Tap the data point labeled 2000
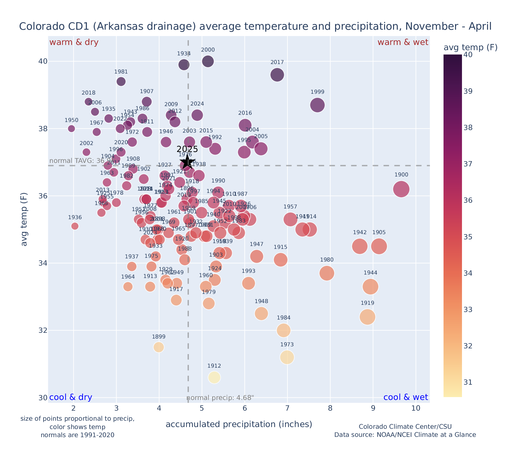point(208,61)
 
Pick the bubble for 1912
point(214,377)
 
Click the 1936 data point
point(75,226)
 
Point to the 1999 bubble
point(318,105)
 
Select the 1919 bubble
point(367,317)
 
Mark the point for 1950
point(72,129)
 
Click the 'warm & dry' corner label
point(74,42)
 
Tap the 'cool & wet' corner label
point(405,397)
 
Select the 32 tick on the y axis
point(43,330)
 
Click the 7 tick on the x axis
point(287,408)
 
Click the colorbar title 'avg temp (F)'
point(470,48)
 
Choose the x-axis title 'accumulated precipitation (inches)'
point(239,424)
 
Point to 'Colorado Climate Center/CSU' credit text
point(405,427)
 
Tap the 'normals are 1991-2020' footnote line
point(78,435)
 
